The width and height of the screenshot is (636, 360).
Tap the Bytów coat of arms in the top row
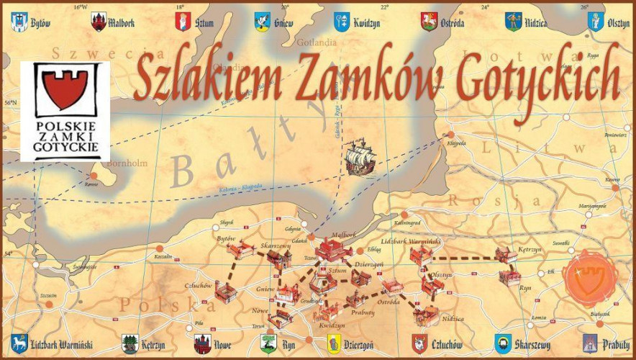pyautogui.click(x=17, y=22)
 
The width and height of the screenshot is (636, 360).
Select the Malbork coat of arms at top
pyautogui.click(x=99, y=22)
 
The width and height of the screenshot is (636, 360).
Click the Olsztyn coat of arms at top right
pyautogui.click(x=596, y=22)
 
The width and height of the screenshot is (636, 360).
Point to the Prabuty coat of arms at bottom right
pyautogui.click(x=590, y=343)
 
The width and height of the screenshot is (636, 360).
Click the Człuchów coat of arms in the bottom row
pyautogui.click(x=419, y=343)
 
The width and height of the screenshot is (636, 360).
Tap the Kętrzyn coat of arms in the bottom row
pyautogui.click(x=130, y=343)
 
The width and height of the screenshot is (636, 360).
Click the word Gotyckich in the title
pyautogui.click(x=540, y=75)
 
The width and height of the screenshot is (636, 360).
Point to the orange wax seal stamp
pyautogui.click(x=590, y=276)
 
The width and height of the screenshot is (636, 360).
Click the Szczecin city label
pyautogui.click(x=49, y=295)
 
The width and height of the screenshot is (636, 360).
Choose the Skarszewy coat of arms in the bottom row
pyautogui.click(x=503, y=343)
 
